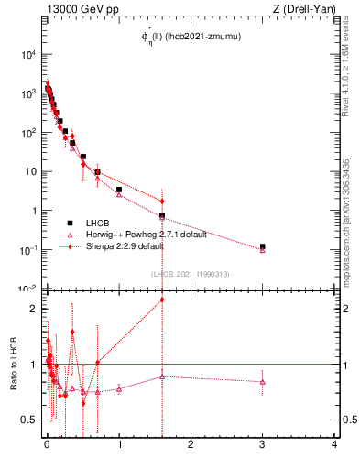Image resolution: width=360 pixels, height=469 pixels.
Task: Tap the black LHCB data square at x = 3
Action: point(263,246)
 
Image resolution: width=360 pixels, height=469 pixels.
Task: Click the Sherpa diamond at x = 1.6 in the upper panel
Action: point(162,201)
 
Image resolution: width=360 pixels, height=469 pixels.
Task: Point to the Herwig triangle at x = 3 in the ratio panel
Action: point(263,382)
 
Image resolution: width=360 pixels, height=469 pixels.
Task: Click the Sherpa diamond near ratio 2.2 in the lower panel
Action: point(162,300)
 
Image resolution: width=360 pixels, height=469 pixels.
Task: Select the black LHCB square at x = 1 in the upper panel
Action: point(119,190)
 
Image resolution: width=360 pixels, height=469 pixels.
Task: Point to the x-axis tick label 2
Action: point(191,446)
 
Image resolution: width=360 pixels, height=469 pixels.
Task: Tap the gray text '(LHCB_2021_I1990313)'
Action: point(189,273)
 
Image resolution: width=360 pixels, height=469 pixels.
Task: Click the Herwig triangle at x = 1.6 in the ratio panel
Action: point(162,376)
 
